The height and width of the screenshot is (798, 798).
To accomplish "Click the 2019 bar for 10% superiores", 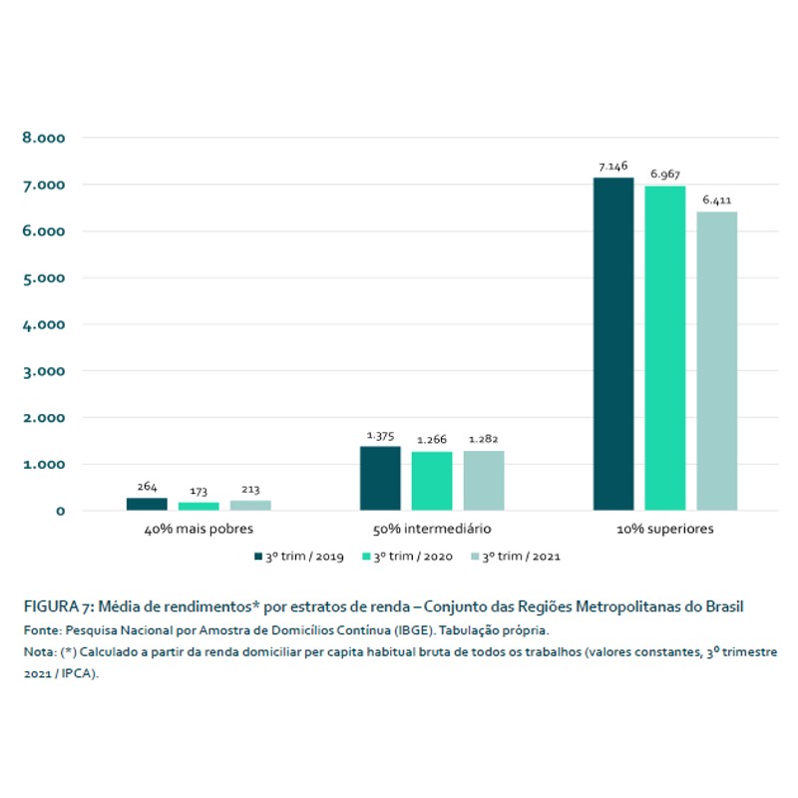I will tap(612, 344).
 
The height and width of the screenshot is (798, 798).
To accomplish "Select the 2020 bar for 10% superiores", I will tap(664, 348).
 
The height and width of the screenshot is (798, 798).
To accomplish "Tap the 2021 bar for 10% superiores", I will tap(716, 361).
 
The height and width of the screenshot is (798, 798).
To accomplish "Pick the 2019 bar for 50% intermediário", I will tap(380, 478).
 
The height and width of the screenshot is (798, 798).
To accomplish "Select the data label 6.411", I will tap(717, 200).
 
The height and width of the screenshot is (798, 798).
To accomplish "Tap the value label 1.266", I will tap(432, 441).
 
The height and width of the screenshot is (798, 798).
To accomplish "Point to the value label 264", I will tap(148, 487).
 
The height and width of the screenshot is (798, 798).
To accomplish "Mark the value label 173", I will tap(199, 492).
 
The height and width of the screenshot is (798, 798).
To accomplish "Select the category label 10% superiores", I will tap(664, 529).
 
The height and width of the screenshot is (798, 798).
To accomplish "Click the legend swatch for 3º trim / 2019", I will tap(257, 556).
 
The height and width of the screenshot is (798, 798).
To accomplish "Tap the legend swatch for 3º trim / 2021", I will tap(475, 556).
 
